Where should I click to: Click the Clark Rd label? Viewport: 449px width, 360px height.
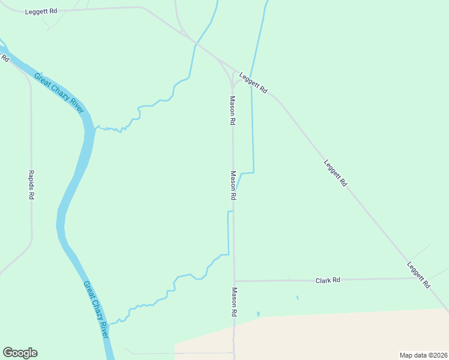point(328,280)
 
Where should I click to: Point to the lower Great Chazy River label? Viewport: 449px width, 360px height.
point(95,310)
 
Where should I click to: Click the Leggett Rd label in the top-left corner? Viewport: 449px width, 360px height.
point(41,11)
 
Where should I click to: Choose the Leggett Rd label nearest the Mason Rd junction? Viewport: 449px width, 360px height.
point(253,83)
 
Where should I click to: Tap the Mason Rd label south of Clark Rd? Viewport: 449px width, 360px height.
point(234,302)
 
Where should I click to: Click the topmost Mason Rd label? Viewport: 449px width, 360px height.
point(232,110)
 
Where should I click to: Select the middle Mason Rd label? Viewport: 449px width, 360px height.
point(233,185)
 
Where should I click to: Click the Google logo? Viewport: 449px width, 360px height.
point(20,353)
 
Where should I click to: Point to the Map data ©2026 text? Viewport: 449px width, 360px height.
point(424,355)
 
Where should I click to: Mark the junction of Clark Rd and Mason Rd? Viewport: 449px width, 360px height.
point(234,281)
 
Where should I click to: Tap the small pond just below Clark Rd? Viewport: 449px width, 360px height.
point(297,297)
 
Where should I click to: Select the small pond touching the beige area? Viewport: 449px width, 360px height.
point(258,313)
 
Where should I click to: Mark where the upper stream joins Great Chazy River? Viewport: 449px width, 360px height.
point(95,128)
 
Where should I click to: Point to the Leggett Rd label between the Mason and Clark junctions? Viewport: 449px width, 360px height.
point(335,173)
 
